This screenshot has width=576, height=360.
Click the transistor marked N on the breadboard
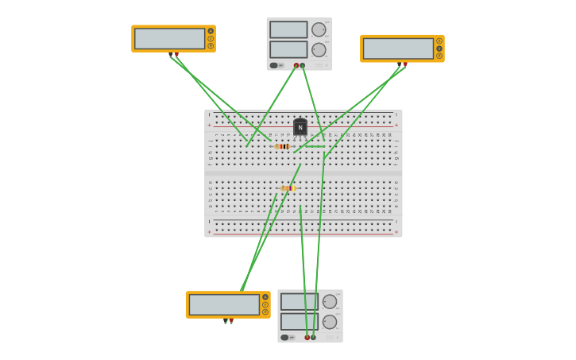coord(300,127)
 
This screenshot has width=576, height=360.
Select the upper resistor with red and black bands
coord(283,146)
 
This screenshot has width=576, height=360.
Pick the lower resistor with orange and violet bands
coord(288,188)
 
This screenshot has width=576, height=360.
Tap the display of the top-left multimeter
coord(169,38)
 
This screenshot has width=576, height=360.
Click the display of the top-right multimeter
coord(398,48)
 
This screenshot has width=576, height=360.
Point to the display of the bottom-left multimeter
coord(224,304)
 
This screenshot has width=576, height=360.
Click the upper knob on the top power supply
coord(319,29)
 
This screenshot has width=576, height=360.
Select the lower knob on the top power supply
coord(319,49)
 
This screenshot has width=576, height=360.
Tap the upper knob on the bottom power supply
coord(330,301)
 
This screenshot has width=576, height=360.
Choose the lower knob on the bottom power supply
coord(330,321)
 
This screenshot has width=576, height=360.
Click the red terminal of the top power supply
coord(296,65)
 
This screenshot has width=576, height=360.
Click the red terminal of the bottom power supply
coord(307,337)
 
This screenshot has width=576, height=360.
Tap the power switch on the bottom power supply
coord(284,337)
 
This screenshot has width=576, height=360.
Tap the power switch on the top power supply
coord(273,65)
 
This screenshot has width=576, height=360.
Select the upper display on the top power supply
coord(288,29)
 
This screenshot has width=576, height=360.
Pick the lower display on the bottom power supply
coord(299,321)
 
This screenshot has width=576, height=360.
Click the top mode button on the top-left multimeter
coord(211,31)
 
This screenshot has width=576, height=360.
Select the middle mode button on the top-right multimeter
coord(439,48)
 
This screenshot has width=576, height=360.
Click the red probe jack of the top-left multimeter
coord(176,54)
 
